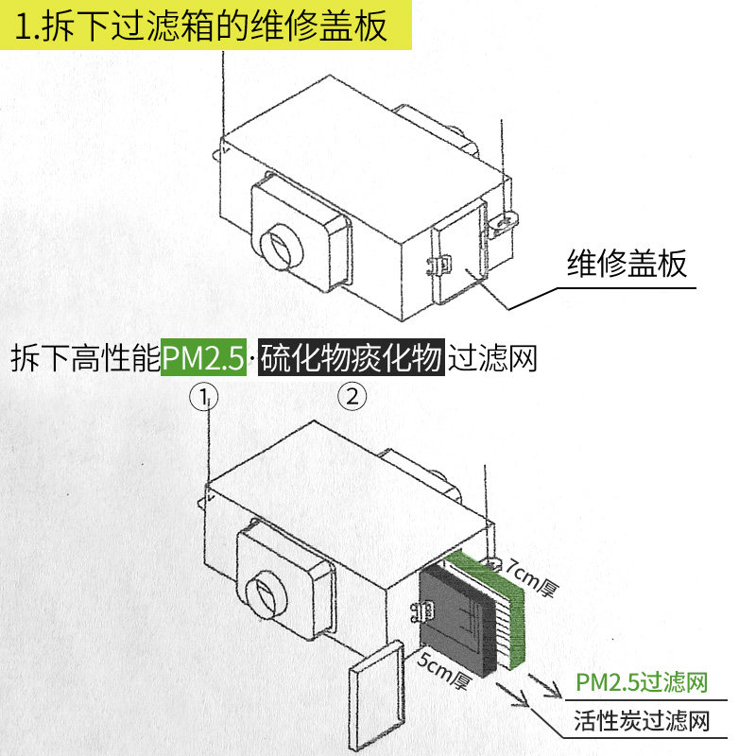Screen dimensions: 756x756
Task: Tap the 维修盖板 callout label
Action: tap(627, 263)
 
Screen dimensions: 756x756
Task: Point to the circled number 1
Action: tap(204, 396)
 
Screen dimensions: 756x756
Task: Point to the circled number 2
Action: tap(352, 396)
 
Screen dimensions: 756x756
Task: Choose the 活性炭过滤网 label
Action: tap(642, 723)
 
